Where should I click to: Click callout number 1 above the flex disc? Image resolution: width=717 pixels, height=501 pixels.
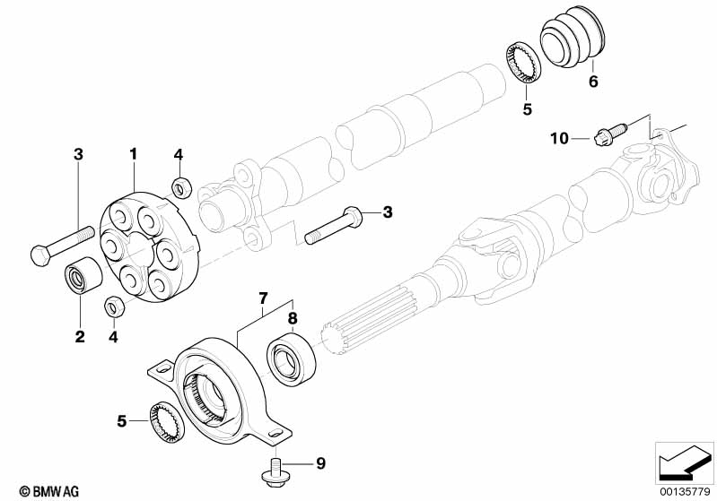pyautogui.click(x=133, y=154)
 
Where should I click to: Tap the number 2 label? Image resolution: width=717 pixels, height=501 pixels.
pyautogui.click(x=80, y=336)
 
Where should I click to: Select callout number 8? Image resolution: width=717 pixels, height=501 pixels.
pyautogui.click(x=292, y=316)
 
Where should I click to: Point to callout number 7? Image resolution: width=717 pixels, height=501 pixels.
pyautogui.click(x=263, y=295)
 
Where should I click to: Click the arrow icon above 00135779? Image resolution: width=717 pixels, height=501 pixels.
pyautogui.click(x=684, y=462)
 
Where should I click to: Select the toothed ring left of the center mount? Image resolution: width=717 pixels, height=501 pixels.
pyautogui.click(x=167, y=421)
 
